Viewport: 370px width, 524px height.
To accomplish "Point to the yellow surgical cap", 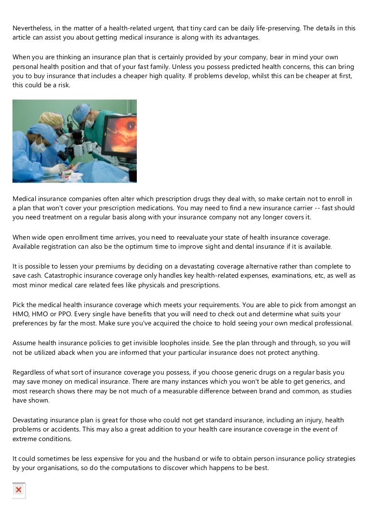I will [51, 118].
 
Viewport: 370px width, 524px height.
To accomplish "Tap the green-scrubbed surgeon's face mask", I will [90, 122].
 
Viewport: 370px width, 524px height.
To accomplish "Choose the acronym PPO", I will [64, 314].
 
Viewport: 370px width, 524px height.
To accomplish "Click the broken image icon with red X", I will [18, 490].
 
